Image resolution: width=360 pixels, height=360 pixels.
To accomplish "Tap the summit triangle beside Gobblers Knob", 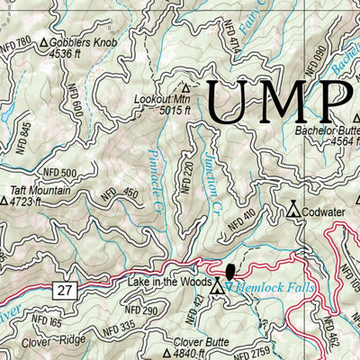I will tap(43, 43).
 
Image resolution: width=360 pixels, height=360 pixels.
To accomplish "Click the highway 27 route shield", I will tap(62, 289).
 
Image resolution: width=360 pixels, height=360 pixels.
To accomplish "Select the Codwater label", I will tap(323, 212).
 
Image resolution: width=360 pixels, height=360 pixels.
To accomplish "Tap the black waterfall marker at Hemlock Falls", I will tap(229, 272).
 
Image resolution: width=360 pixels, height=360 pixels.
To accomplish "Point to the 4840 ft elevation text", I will tap(197, 354).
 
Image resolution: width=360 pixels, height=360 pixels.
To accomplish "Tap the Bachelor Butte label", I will tap(328, 129).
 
